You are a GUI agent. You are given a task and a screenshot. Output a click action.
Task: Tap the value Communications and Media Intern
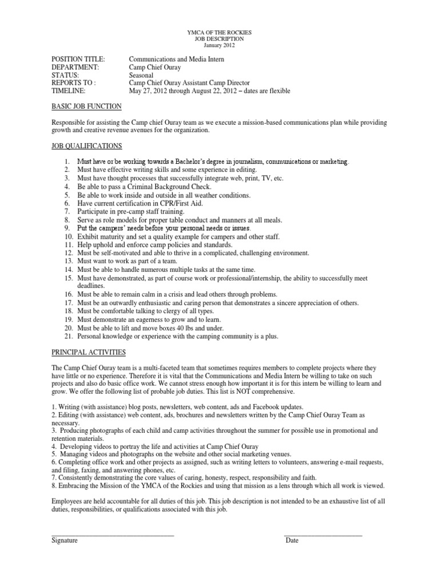[177, 59]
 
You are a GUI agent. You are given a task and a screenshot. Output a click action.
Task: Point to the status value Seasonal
[143, 75]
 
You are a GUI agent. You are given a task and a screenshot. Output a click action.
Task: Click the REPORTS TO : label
[74, 83]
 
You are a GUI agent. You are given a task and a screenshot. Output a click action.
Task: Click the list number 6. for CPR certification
[67, 203]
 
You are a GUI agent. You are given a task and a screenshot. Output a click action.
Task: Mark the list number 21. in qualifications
[66, 337]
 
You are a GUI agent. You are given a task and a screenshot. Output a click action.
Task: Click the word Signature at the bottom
[65, 540]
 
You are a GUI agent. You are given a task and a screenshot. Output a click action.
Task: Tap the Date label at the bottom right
[292, 540]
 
